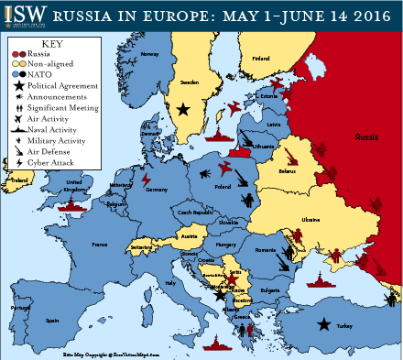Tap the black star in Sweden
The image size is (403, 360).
pos(184,108)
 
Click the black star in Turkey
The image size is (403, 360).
pos(324,323)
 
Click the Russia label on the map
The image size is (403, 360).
pos(365,136)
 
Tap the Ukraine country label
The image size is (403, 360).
pos(311,220)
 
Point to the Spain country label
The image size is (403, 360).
pos(53,320)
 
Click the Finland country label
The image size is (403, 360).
pos(261,59)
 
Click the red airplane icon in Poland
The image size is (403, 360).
pos(225,170)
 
